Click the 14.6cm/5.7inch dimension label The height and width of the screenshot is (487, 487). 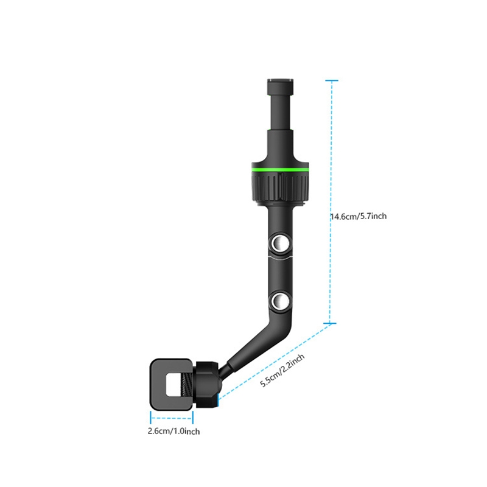(x=359, y=215)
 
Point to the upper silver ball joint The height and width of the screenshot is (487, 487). (x=280, y=245)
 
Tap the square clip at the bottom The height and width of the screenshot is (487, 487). (x=172, y=384)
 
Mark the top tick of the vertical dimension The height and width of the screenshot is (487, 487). (x=331, y=80)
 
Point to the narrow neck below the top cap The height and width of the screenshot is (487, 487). (x=280, y=98)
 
